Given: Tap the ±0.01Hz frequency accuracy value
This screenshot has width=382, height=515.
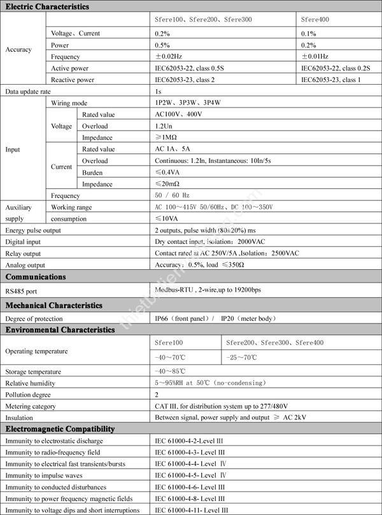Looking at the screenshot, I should pos(315,56).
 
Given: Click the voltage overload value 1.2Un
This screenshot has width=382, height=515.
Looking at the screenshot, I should pos(163,126).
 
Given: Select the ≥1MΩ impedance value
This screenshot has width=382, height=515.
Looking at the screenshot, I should pos(166,138).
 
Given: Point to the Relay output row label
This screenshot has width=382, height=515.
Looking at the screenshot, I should pos(24,253).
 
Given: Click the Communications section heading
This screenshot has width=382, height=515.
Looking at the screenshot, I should pos(36,278).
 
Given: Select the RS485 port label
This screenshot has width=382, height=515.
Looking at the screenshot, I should pos(22,290).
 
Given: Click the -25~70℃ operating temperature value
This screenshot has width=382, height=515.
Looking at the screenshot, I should pos(242,358).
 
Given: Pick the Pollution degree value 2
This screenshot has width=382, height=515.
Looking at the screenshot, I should pos(157,395).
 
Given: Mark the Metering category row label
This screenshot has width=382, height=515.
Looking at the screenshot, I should pos(31,406).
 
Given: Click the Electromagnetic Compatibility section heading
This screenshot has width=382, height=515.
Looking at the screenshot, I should pos(60,429).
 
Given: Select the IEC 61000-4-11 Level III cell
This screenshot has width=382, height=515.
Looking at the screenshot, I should pos(191,510).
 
